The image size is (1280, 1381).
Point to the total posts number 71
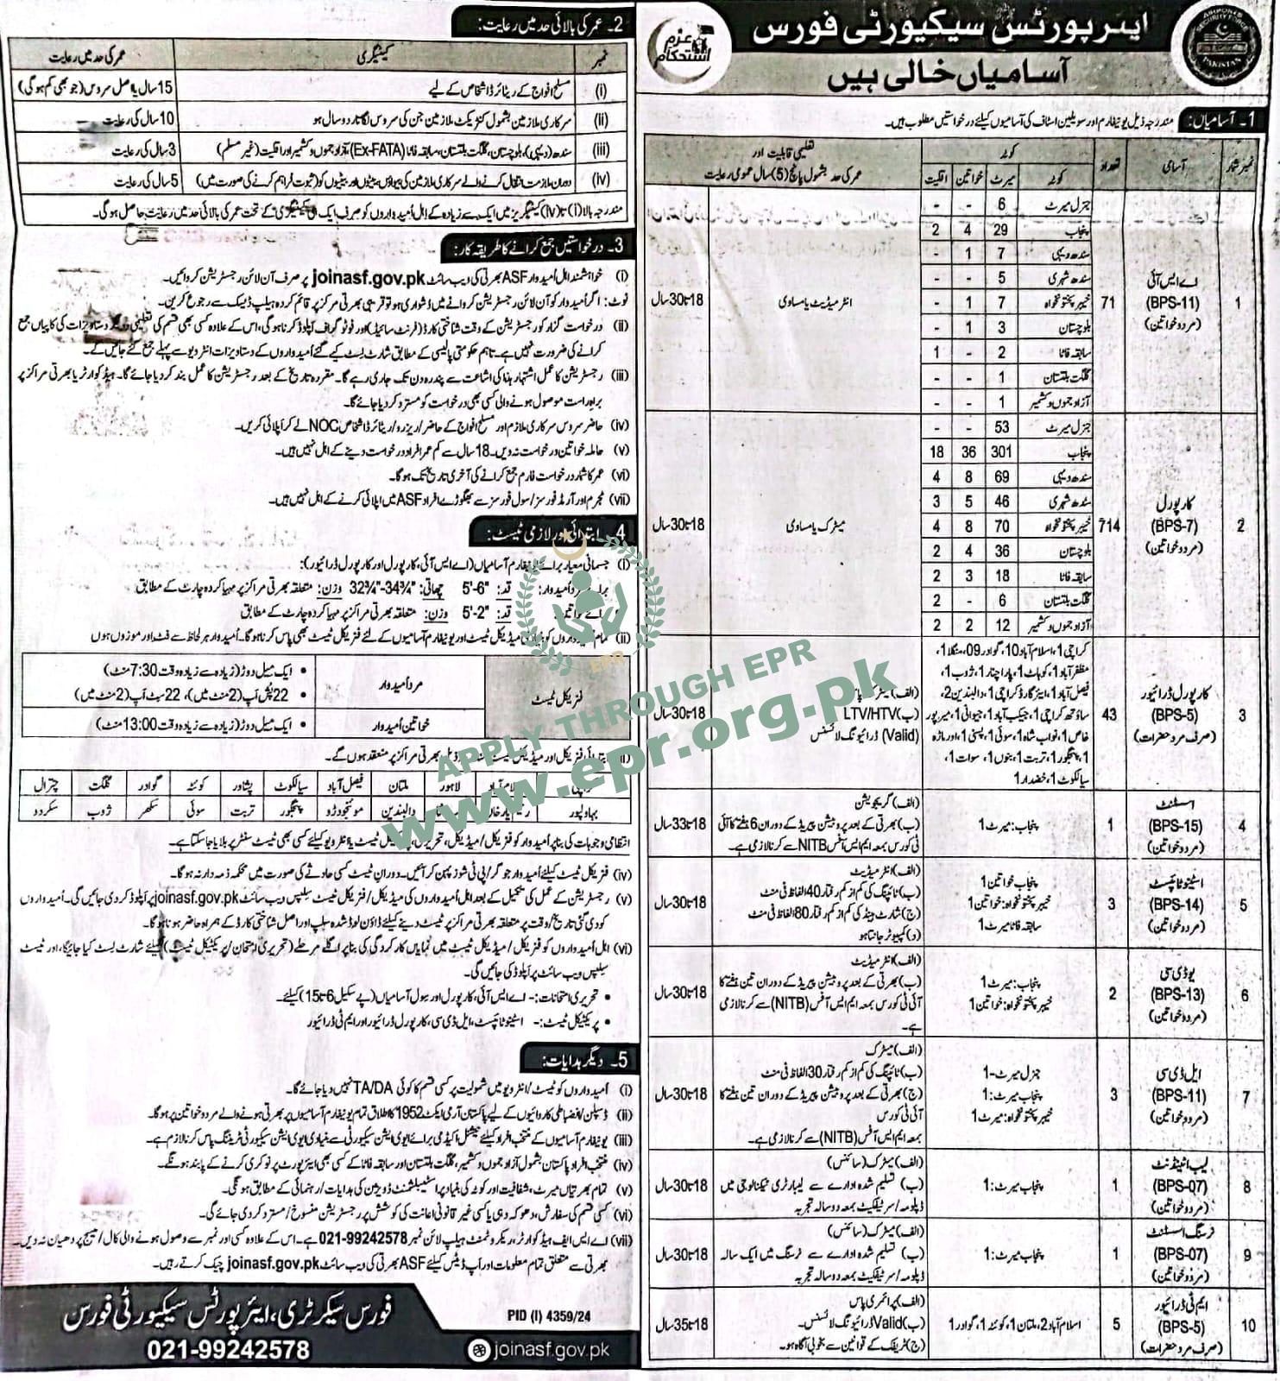pyautogui.click(x=1111, y=304)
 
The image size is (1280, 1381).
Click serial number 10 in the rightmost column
pyautogui.click(x=1247, y=1325)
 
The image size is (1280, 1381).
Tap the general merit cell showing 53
pyautogui.click(x=1002, y=427)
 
